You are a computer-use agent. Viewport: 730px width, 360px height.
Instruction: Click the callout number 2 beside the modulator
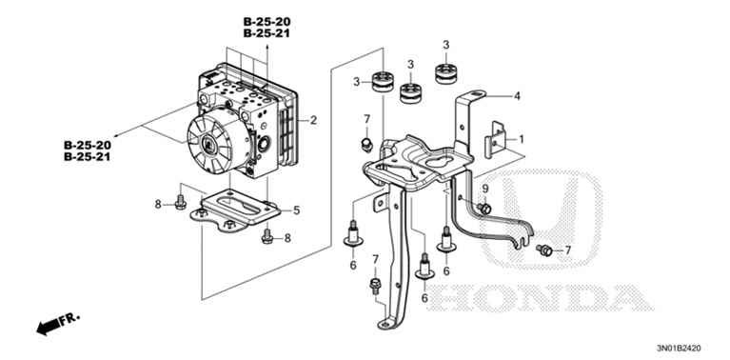pos(313,120)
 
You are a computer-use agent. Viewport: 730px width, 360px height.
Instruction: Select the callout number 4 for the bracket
pos(517,97)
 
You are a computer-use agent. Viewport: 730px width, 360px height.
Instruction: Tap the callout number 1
pos(522,139)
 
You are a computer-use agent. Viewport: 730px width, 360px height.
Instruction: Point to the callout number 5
pos(297,210)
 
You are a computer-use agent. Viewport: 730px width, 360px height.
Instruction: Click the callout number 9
pos(485,189)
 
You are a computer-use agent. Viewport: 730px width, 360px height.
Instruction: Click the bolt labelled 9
pos(484,208)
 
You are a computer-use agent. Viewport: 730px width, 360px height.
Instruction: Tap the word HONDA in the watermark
pos(540,298)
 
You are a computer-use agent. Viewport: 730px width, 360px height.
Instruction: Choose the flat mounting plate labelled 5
pos(236,211)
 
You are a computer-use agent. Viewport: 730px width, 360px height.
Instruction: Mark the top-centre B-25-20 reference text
pos(266,21)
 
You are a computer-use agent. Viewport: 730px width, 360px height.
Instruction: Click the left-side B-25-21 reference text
pos(87,157)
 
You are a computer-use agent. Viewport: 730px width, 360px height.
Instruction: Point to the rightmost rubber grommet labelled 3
pos(446,73)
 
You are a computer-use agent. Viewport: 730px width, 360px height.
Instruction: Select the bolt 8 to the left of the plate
pos(181,202)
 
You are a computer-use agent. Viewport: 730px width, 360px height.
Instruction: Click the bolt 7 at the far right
pos(544,250)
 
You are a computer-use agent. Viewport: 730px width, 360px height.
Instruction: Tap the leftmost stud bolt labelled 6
pos(353,234)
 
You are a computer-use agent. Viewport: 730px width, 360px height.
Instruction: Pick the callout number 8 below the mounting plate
pos(287,238)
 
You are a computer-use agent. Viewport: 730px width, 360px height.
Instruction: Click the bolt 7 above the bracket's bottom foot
pos(375,285)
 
